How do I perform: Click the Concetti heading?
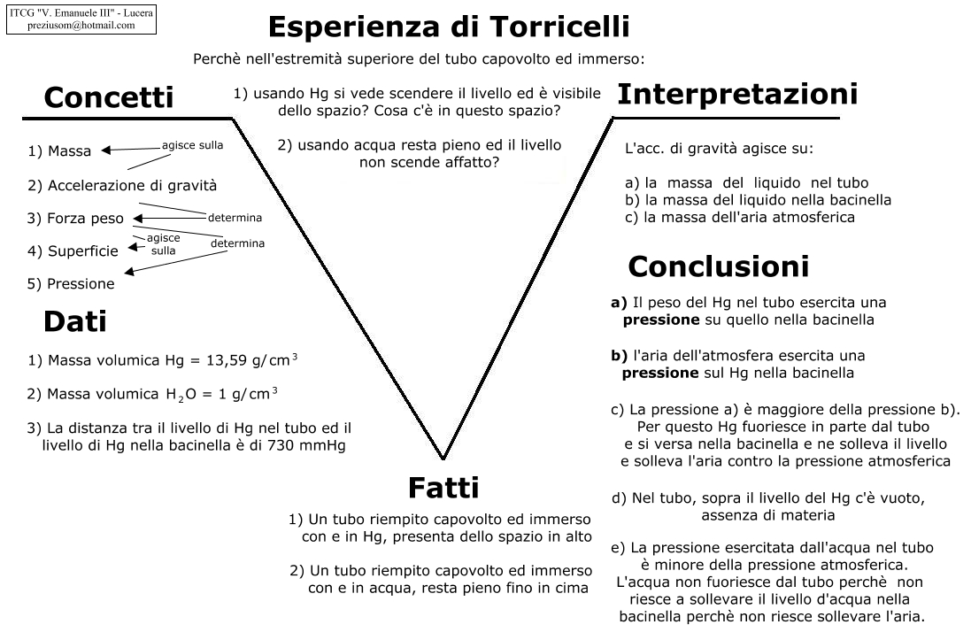coord(108,97)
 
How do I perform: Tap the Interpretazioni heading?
coord(736,94)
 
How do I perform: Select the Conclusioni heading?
coord(718,266)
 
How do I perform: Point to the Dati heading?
coord(74,322)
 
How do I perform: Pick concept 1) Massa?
coord(59,151)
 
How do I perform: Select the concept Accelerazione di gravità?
coord(122,186)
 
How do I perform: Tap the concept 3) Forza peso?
coord(76,219)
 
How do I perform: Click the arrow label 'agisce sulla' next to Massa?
coord(192,145)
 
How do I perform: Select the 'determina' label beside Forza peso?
coord(235,218)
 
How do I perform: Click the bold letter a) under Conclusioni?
coord(619,302)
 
